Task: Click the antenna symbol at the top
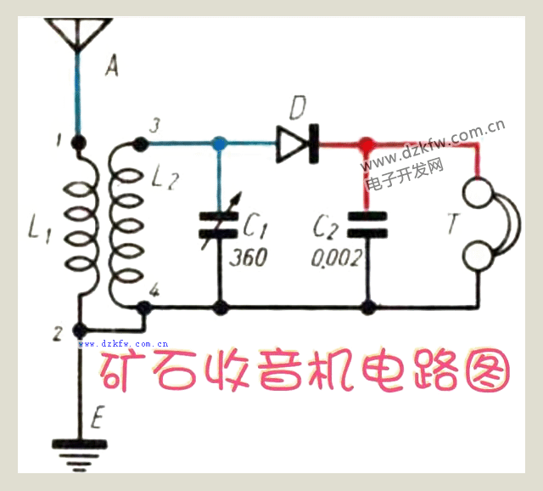click(x=78, y=33)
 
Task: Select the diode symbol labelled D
click(x=296, y=144)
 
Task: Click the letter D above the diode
click(x=297, y=109)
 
